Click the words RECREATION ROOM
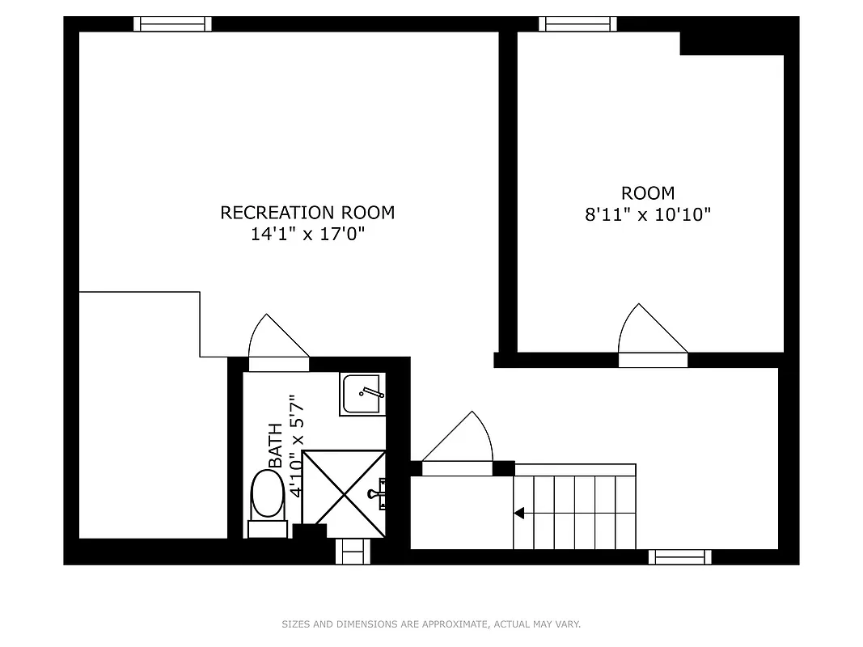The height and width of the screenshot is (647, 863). (x=307, y=213)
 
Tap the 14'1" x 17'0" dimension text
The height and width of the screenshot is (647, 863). (x=307, y=235)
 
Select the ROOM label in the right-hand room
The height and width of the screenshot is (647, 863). (x=648, y=193)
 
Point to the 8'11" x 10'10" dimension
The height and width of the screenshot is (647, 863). (x=648, y=215)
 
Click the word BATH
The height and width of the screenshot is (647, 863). (x=277, y=445)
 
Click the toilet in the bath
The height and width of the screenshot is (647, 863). (x=268, y=495)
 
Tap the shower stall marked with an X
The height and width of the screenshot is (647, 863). (x=344, y=493)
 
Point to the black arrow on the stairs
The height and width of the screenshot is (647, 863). (x=519, y=513)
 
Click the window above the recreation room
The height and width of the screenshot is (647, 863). (x=172, y=24)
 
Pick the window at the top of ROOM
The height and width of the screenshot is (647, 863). (x=577, y=24)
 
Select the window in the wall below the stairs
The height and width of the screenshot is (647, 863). (x=679, y=556)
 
